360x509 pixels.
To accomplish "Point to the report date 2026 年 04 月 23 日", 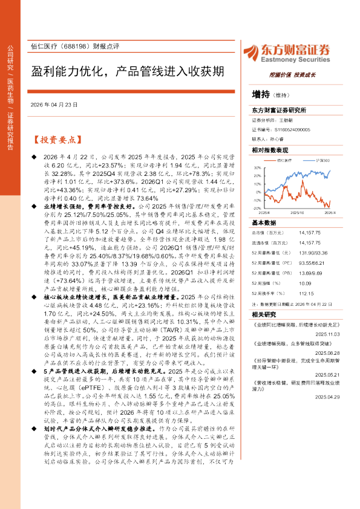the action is [x=54, y=105].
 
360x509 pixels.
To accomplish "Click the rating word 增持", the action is [x=261, y=95].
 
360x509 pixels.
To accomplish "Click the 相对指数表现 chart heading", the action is [x=270, y=149].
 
